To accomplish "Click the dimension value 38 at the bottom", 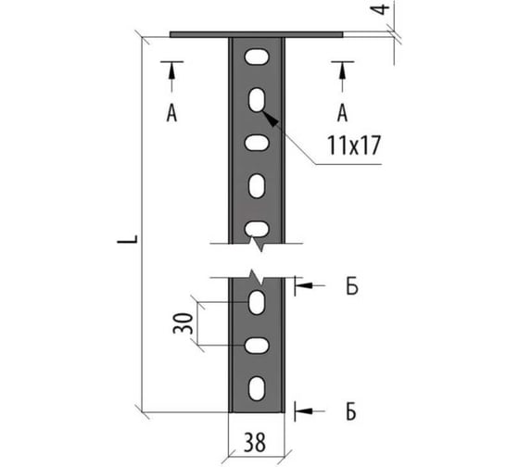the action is [255, 443].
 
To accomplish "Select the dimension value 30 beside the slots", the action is [184, 323].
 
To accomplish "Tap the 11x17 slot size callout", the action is [354, 145].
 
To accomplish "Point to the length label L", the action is [128, 239].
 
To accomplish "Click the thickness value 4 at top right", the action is [382, 9].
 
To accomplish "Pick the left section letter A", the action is [171, 113].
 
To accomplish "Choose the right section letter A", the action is [343, 113].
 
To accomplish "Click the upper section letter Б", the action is [352, 286].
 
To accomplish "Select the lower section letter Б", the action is [351, 411].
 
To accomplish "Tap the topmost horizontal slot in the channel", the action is [257, 57].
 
